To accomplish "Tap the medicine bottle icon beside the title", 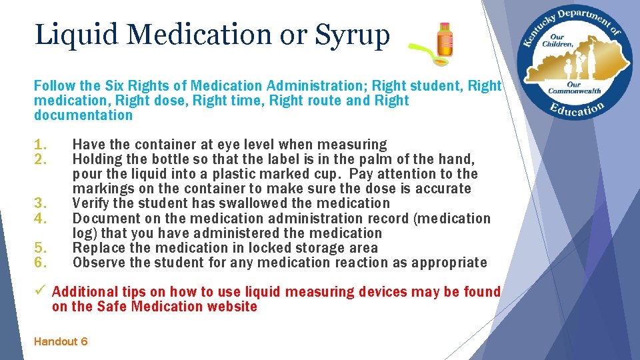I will coord(442,41).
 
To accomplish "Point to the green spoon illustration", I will coord(422,53).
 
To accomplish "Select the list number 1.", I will coord(41,145).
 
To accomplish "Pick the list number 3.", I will coord(41,203).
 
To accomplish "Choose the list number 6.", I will coord(41,262).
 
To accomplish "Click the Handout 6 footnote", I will coord(61,341).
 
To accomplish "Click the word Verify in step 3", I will coord(90,203).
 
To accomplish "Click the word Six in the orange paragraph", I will coord(113,86).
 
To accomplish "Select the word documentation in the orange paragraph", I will coord(83,115).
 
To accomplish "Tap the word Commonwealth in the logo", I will coord(575,91).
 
